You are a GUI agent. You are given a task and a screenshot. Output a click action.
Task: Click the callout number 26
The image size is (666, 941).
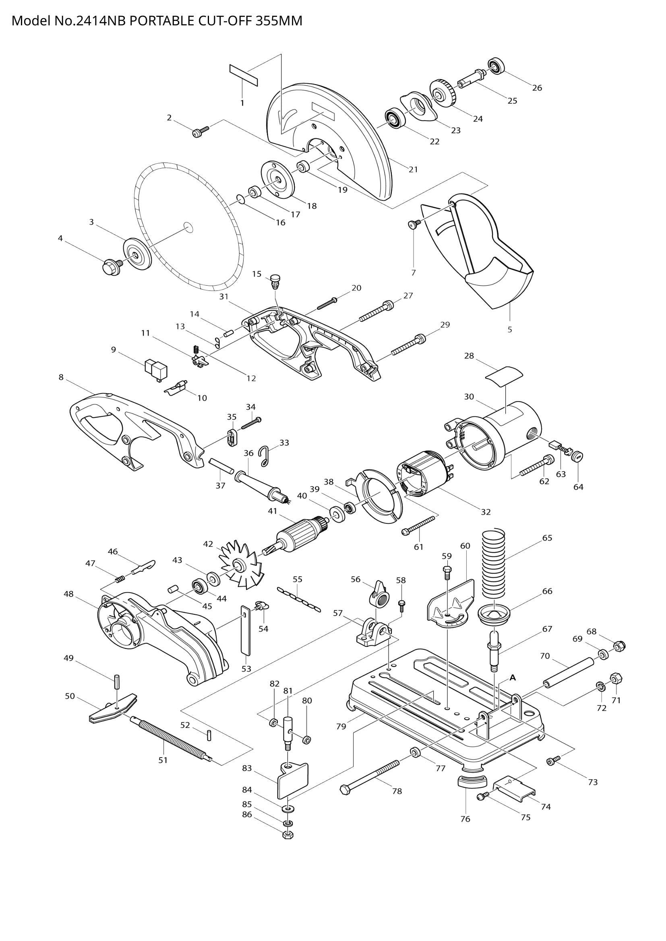click(x=537, y=88)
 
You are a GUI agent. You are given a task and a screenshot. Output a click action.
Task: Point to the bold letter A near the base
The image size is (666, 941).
click(x=512, y=678)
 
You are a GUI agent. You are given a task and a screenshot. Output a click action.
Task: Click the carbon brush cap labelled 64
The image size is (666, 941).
click(x=578, y=456)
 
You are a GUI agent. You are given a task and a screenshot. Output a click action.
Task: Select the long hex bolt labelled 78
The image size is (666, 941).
click(x=370, y=775)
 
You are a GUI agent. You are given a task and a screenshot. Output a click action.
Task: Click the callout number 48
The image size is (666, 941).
click(x=68, y=594)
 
